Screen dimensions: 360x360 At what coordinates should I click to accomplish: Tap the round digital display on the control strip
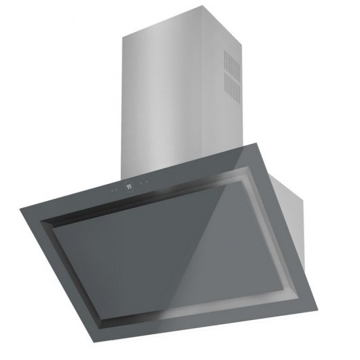[129, 185]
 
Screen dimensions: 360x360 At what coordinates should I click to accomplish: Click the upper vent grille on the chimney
[232, 68]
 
